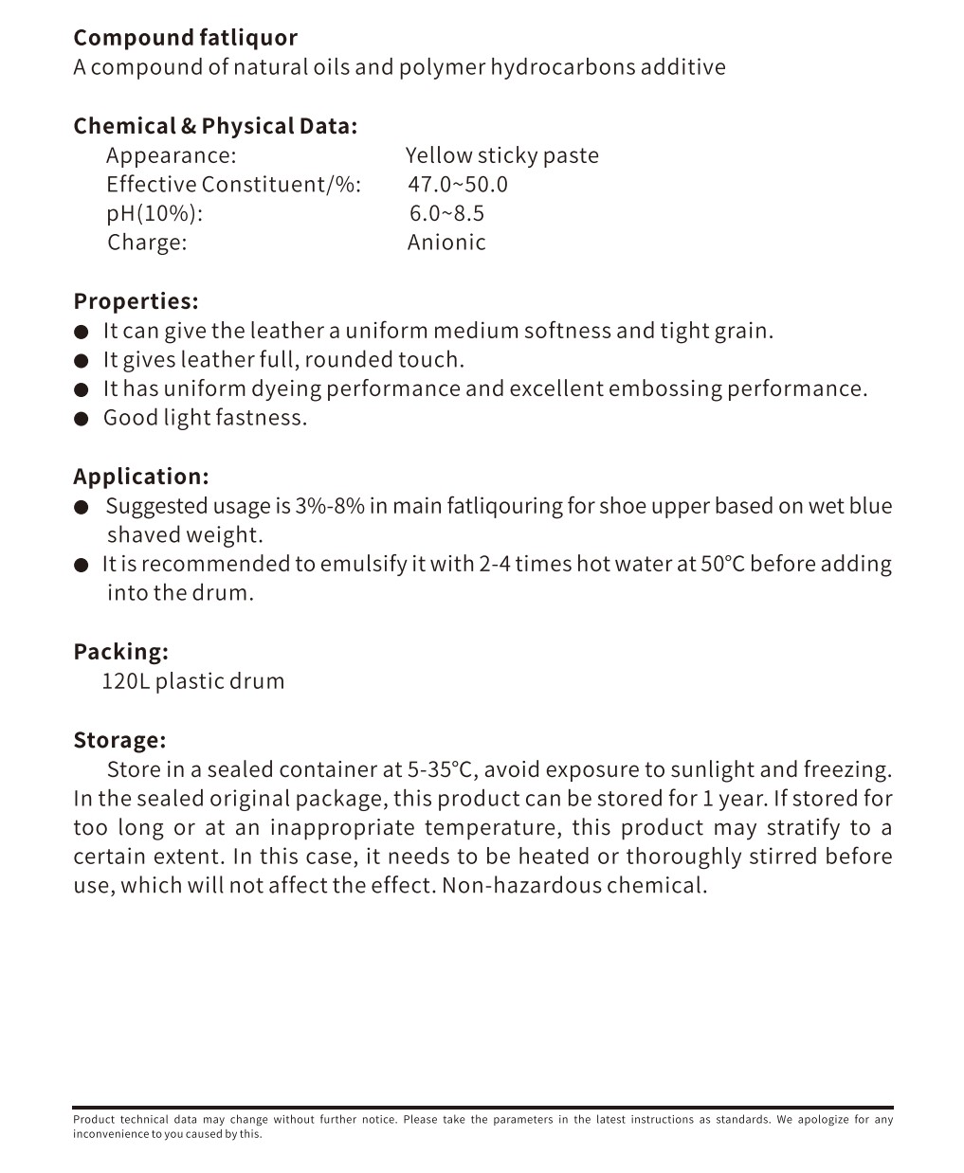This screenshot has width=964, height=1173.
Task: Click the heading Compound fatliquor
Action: [x=185, y=38]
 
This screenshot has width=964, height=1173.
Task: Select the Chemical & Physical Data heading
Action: [x=215, y=126]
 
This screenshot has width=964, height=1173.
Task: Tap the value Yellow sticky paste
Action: [x=501, y=155]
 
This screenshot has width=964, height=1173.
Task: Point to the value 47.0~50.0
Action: [x=458, y=184]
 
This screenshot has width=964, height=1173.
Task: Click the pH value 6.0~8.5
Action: [x=446, y=213]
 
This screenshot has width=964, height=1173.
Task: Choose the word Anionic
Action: [x=446, y=243]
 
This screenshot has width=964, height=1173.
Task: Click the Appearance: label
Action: [x=171, y=155]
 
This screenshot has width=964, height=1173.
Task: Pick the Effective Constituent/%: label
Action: [x=233, y=184]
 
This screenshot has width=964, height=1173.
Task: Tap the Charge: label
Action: [x=147, y=243]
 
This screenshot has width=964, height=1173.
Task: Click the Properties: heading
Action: [x=136, y=301]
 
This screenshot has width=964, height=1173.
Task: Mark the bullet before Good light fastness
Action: [x=82, y=419]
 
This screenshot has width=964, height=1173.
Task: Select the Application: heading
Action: [x=140, y=477]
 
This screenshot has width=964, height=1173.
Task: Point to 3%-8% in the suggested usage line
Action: [x=329, y=506]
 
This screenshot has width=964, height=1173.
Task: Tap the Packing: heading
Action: [x=120, y=652]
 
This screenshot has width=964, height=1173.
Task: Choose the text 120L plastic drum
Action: [x=192, y=681]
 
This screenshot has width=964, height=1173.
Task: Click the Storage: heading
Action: [x=119, y=740]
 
